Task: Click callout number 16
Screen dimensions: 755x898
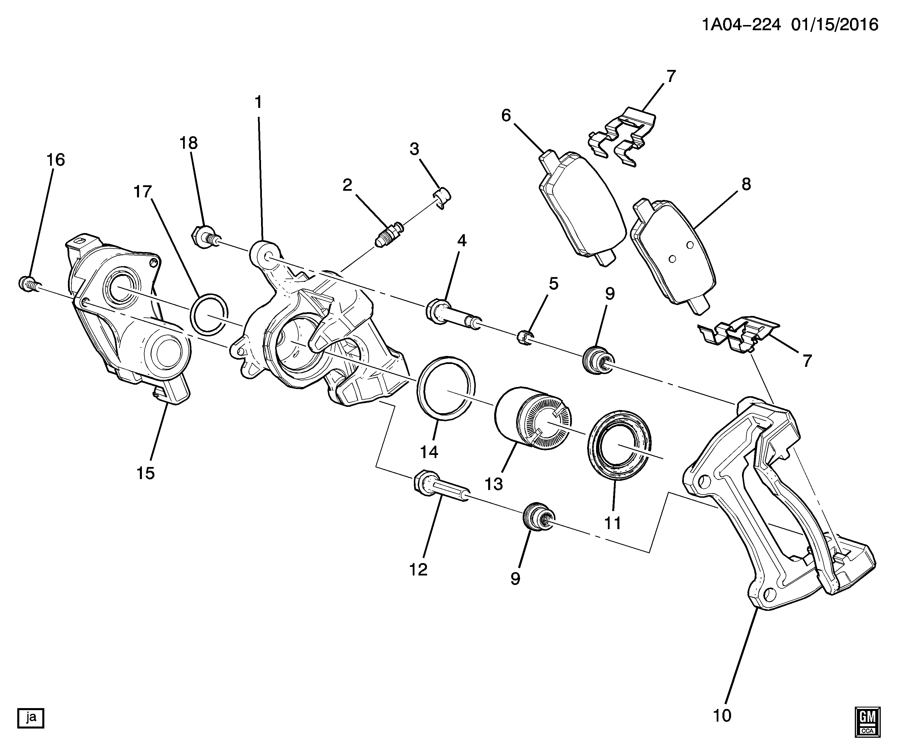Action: tap(56, 160)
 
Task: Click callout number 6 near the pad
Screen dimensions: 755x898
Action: tap(506, 116)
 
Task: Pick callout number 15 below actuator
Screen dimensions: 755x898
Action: tap(146, 473)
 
